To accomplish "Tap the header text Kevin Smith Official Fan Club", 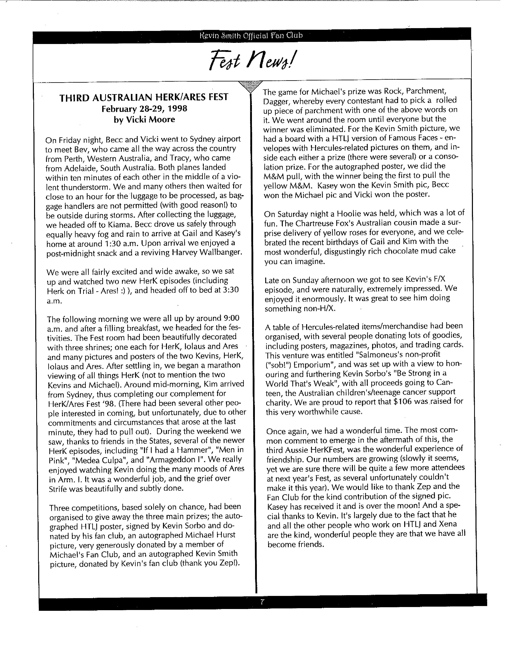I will (x=251, y=36).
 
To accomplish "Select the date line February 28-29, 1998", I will (x=144, y=109).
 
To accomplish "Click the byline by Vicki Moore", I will (x=144, y=120).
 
